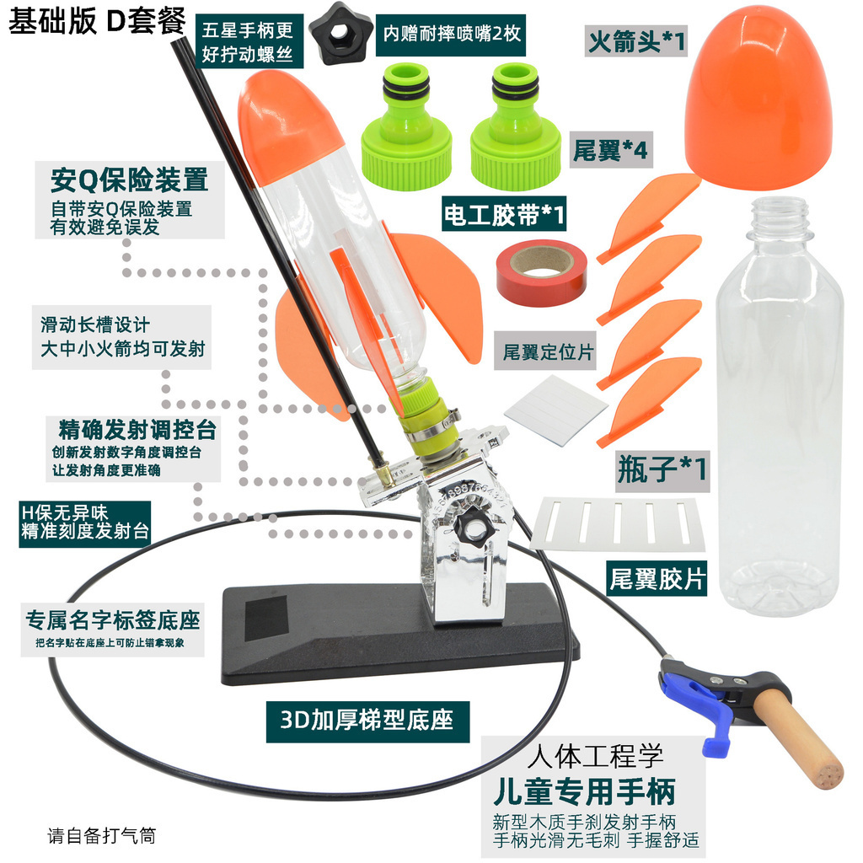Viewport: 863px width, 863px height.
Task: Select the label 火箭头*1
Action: (x=635, y=40)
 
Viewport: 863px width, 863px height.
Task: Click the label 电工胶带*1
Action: (x=505, y=215)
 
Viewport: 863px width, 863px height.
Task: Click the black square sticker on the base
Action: (x=266, y=621)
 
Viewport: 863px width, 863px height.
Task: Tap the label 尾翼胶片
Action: (x=656, y=578)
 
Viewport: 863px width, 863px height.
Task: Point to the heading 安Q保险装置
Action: (x=129, y=180)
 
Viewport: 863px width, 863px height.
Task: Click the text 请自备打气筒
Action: (x=102, y=837)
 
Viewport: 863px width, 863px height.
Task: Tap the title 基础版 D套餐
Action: (x=97, y=21)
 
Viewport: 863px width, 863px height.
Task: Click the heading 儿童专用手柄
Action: (x=585, y=792)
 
